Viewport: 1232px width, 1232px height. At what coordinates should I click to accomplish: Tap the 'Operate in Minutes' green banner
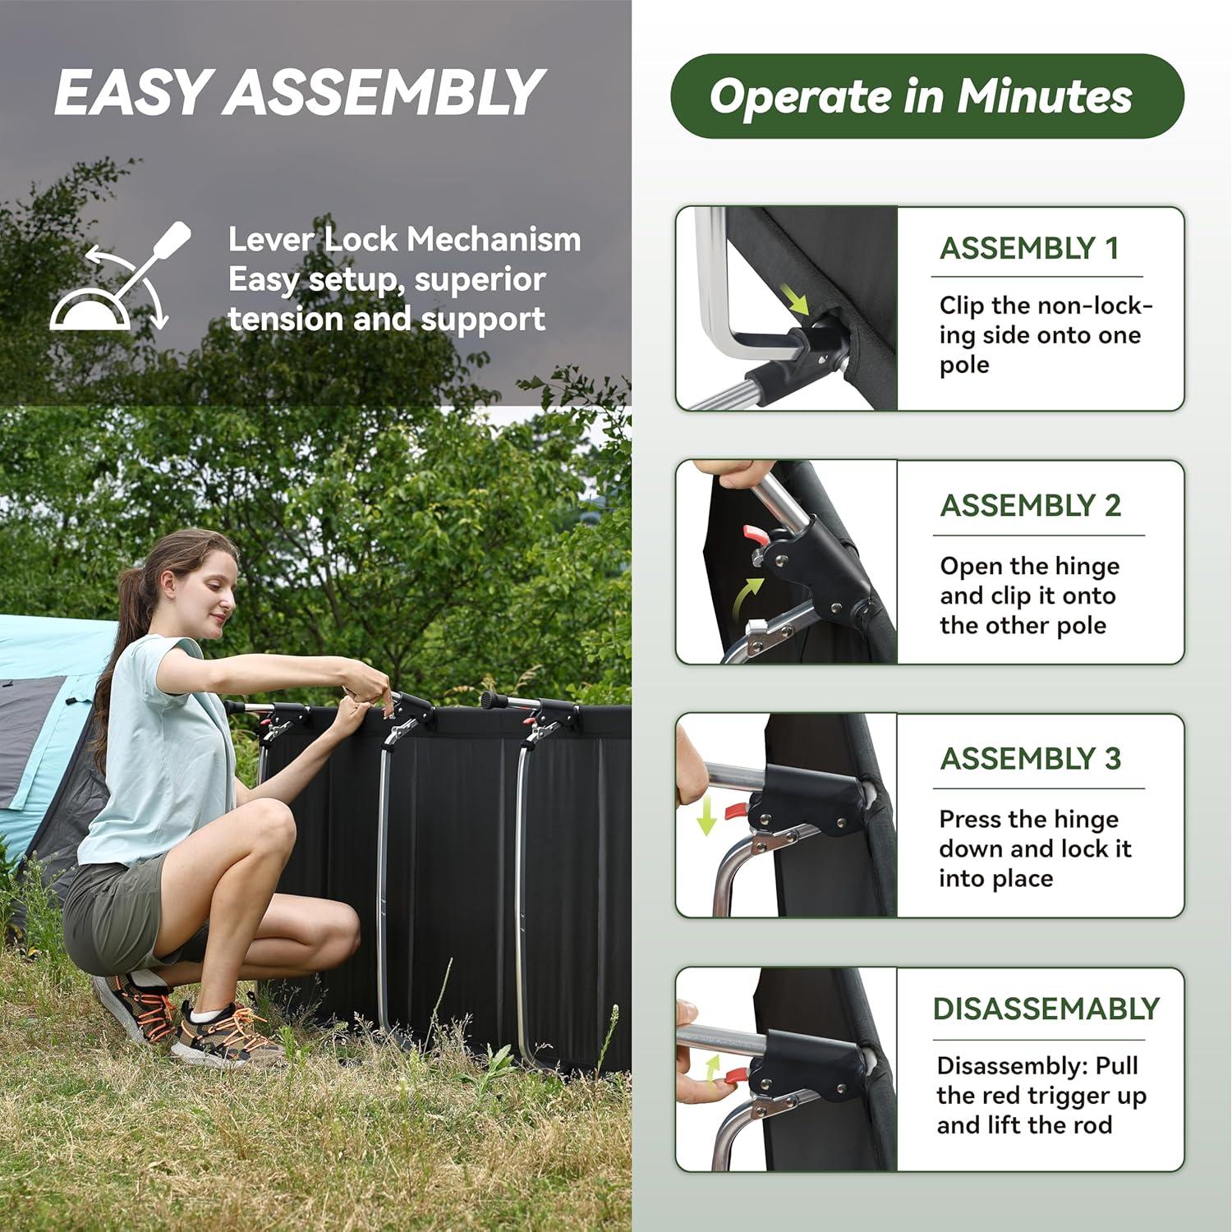pyautogui.click(x=926, y=96)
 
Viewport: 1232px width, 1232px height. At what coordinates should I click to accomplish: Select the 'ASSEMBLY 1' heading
pyautogui.click(x=1029, y=248)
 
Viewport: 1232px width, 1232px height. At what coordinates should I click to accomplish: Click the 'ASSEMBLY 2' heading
pyautogui.click(x=1030, y=505)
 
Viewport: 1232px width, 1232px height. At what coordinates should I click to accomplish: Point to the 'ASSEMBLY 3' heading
pyautogui.click(x=1030, y=758)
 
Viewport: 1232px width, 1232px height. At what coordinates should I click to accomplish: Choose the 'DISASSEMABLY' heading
pyautogui.click(x=1046, y=1008)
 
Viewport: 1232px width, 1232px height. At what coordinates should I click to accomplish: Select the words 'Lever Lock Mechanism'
pyautogui.click(x=404, y=240)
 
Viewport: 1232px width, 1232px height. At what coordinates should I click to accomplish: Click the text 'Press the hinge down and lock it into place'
pyautogui.click(x=1035, y=848)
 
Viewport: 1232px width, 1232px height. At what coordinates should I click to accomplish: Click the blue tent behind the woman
pyautogui.click(x=41, y=723)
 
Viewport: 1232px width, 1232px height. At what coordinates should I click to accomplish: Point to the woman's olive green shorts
pyautogui.click(x=115, y=912)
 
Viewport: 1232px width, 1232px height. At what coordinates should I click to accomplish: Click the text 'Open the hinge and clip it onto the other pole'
pyautogui.click(x=1029, y=595)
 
